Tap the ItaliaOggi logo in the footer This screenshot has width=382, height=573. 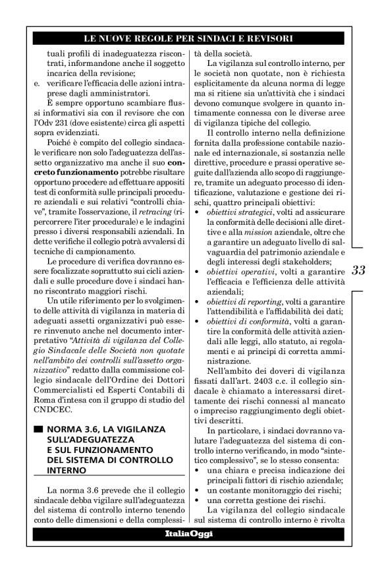(x=189, y=533)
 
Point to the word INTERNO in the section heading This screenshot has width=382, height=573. (x=67, y=471)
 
